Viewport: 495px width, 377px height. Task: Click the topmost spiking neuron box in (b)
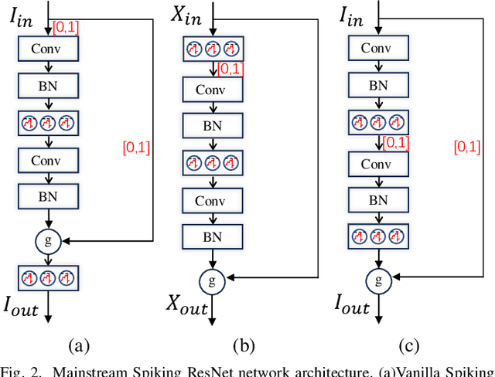pyautogui.click(x=212, y=50)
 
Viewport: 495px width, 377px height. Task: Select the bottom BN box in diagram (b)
pyautogui.click(x=212, y=236)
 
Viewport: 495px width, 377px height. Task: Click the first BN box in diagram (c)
pyautogui.click(x=379, y=86)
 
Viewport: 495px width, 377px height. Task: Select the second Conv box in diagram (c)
pyautogui.click(x=379, y=163)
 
